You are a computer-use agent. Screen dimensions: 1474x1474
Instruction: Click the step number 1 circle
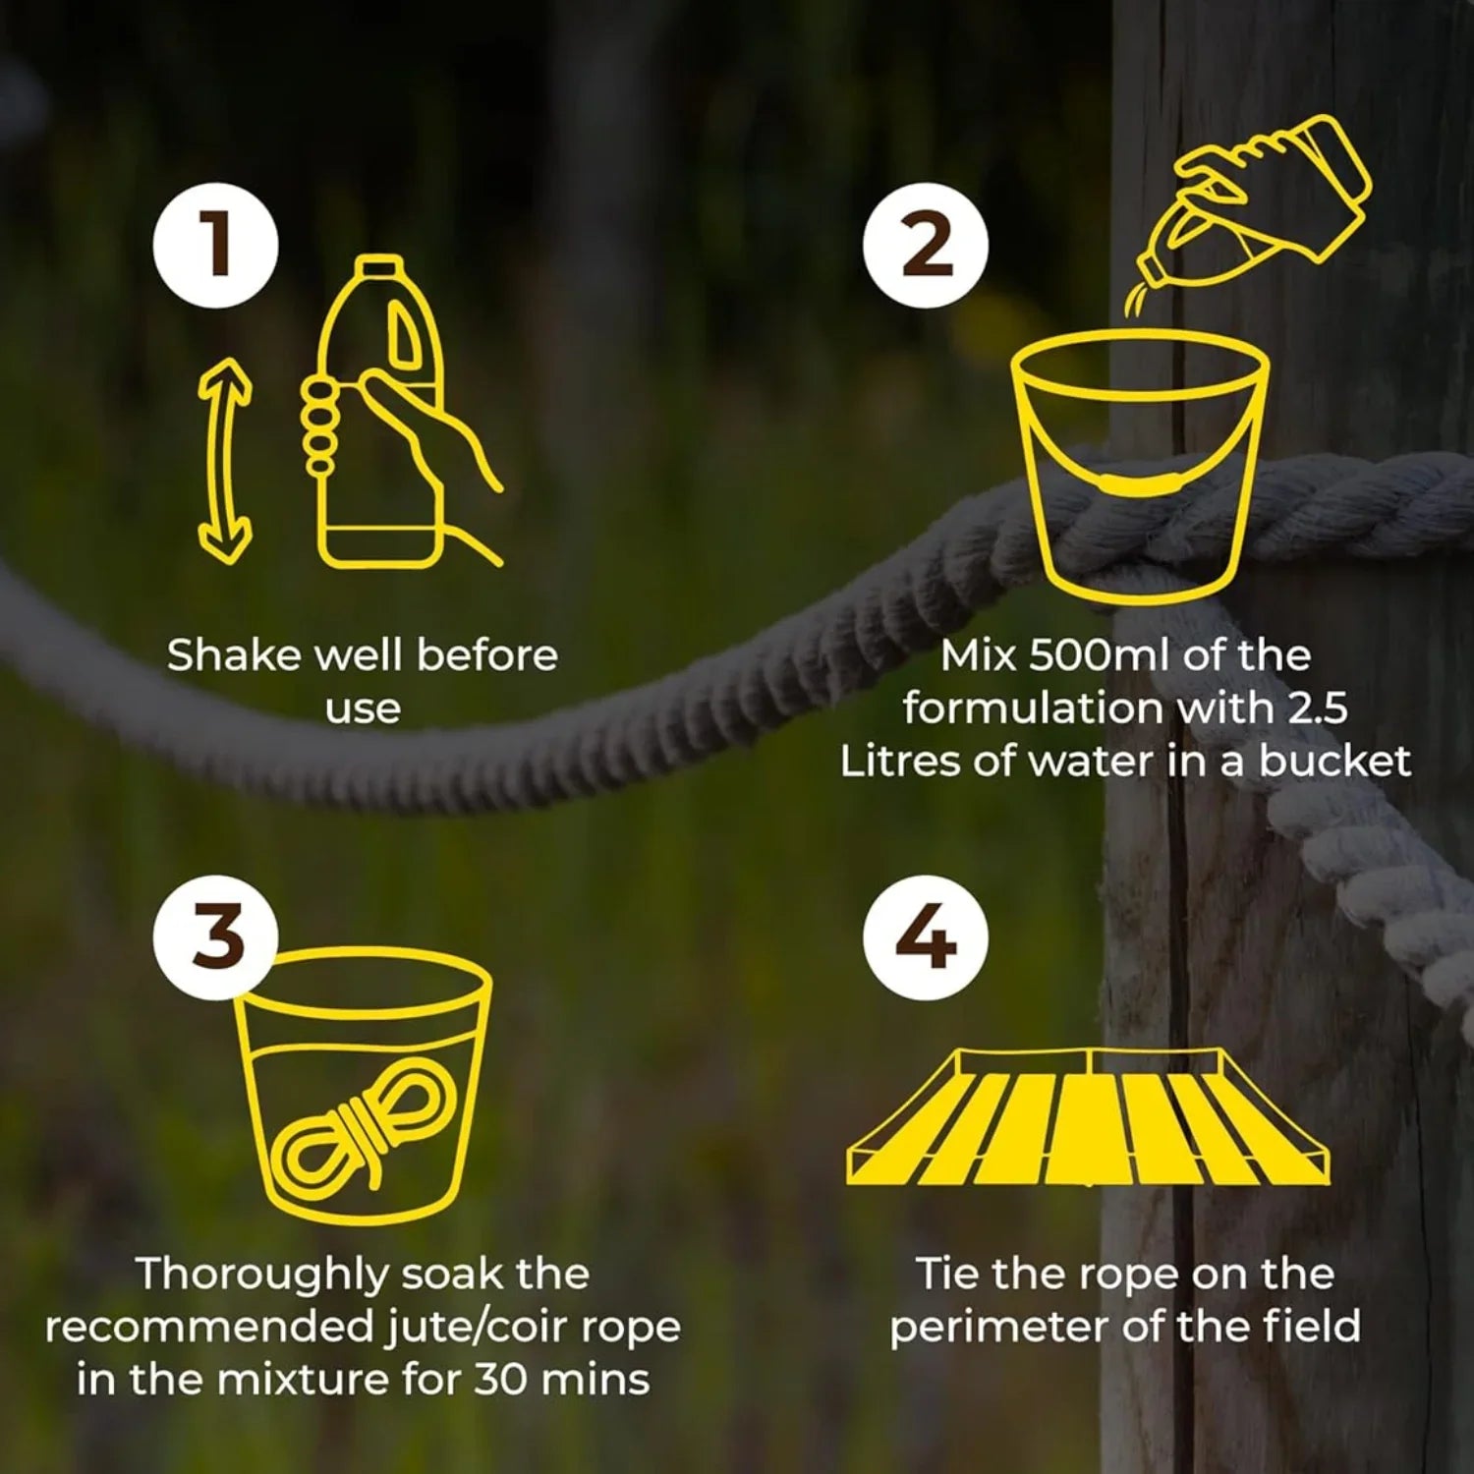click(x=215, y=246)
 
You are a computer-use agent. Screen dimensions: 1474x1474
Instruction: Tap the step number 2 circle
click(x=926, y=246)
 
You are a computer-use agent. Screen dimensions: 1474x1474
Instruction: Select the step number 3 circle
click(x=215, y=937)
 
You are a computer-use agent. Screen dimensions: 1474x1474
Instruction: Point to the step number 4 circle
click(x=926, y=937)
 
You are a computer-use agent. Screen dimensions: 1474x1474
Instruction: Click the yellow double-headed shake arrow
click(x=225, y=461)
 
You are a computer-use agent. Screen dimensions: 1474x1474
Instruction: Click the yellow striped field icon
click(x=1088, y=1117)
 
